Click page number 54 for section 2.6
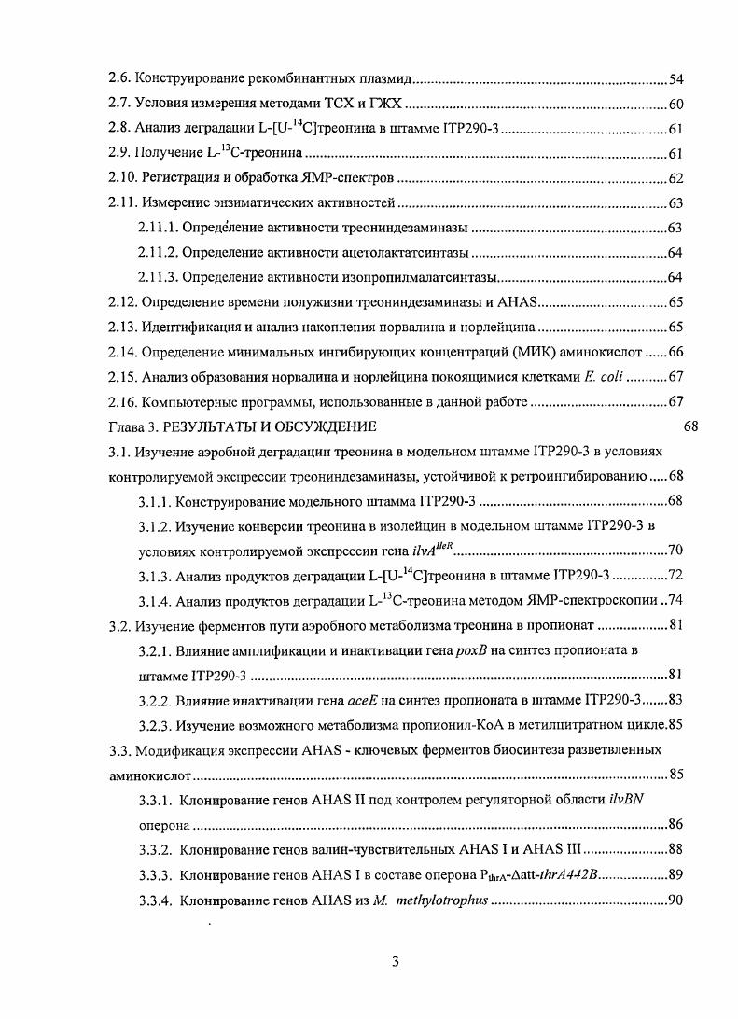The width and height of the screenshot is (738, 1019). [x=678, y=80]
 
